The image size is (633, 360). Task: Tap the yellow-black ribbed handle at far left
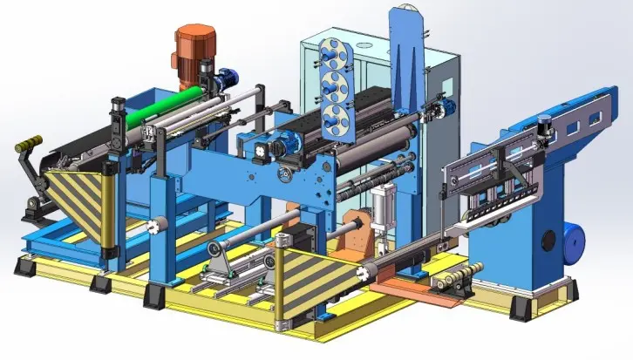[29, 142]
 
